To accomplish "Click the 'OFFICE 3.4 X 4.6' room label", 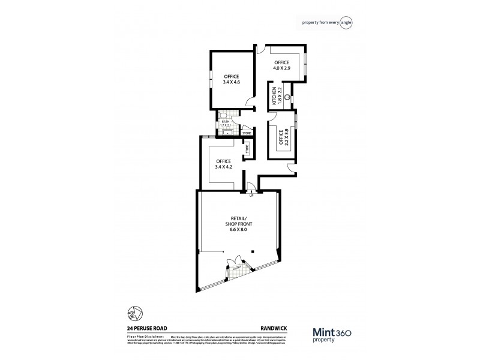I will (x=232, y=79).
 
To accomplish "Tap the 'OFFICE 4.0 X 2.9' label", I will (x=282, y=65).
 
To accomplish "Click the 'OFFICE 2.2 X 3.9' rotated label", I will (x=281, y=140).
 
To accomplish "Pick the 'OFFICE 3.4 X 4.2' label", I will (x=224, y=164).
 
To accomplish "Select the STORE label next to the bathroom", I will (x=246, y=132).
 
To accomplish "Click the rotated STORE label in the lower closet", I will (x=247, y=151).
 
